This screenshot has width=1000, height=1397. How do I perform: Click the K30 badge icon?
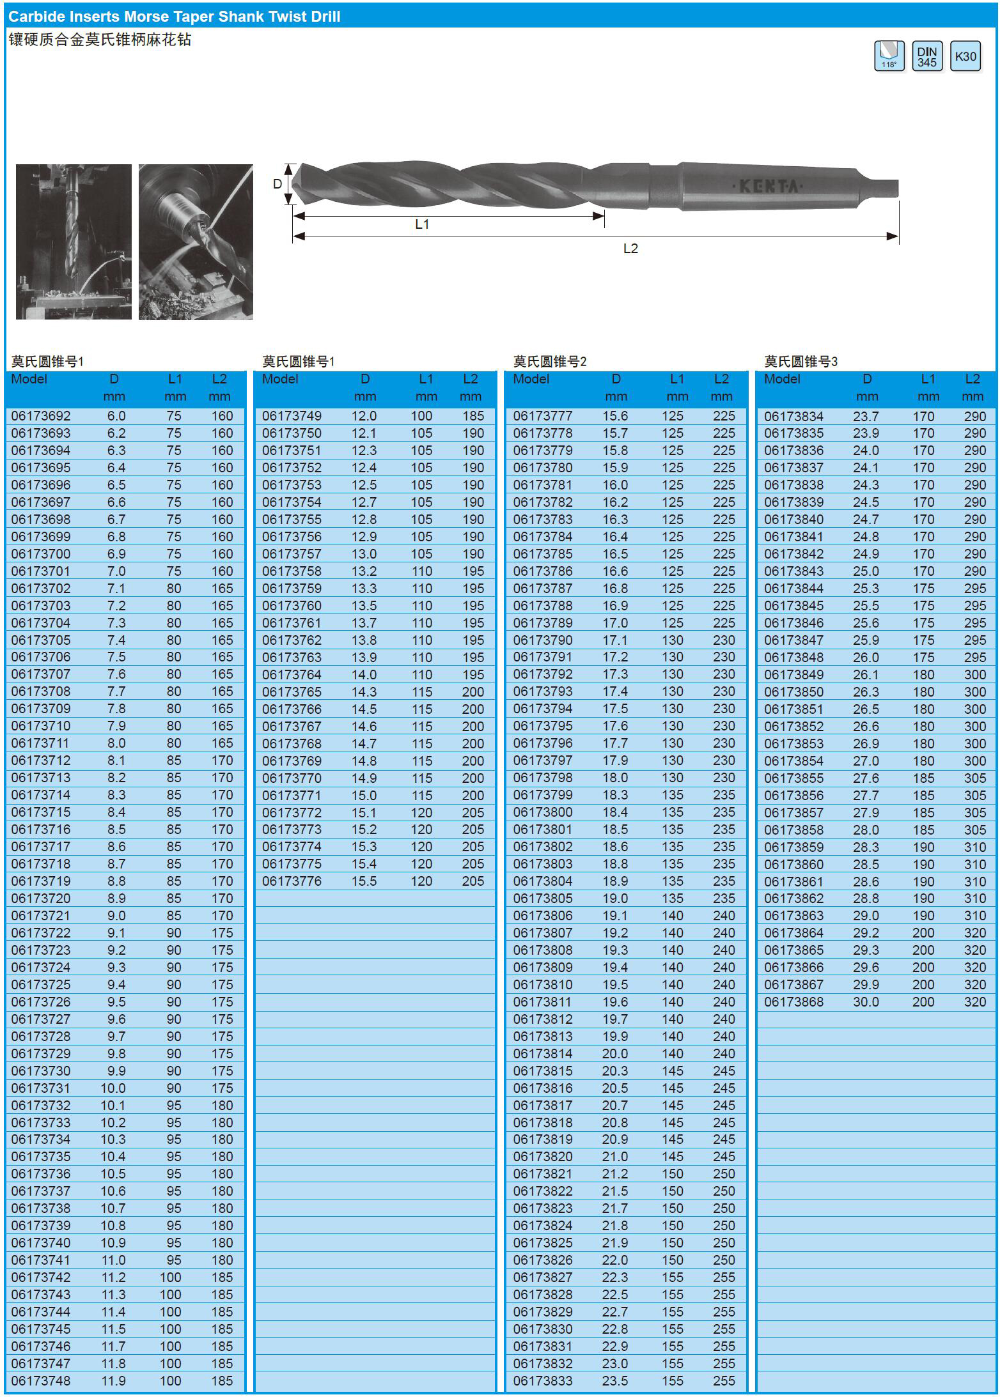[x=965, y=56]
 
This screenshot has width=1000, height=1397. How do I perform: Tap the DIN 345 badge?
[x=926, y=56]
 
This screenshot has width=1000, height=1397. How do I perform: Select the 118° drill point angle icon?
[x=889, y=56]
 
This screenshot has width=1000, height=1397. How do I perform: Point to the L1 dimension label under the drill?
[x=422, y=224]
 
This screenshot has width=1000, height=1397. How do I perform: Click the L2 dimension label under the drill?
[x=630, y=249]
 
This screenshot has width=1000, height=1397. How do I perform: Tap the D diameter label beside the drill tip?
[x=277, y=184]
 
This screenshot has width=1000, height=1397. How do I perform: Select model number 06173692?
[x=41, y=416]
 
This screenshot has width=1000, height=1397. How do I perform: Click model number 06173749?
[x=292, y=416]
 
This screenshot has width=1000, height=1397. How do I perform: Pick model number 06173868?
[x=793, y=1002]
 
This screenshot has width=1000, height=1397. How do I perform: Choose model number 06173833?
[x=543, y=1381]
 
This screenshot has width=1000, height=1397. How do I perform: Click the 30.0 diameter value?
[x=866, y=1002]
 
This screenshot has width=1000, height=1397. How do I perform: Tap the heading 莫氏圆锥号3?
[x=801, y=362]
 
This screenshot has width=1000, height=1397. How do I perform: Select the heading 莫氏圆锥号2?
[x=550, y=362]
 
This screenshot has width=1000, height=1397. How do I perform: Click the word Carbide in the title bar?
[x=33, y=17]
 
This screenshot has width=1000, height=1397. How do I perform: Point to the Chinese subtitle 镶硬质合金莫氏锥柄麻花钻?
[x=100, y=40]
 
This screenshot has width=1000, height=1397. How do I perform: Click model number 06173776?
[x=292, y=881]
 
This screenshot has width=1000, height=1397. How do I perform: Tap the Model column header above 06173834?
[x=782, y=379]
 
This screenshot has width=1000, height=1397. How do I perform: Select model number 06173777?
[x=543, y=416]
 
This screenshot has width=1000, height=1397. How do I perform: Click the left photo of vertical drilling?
[x=74, y=242]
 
